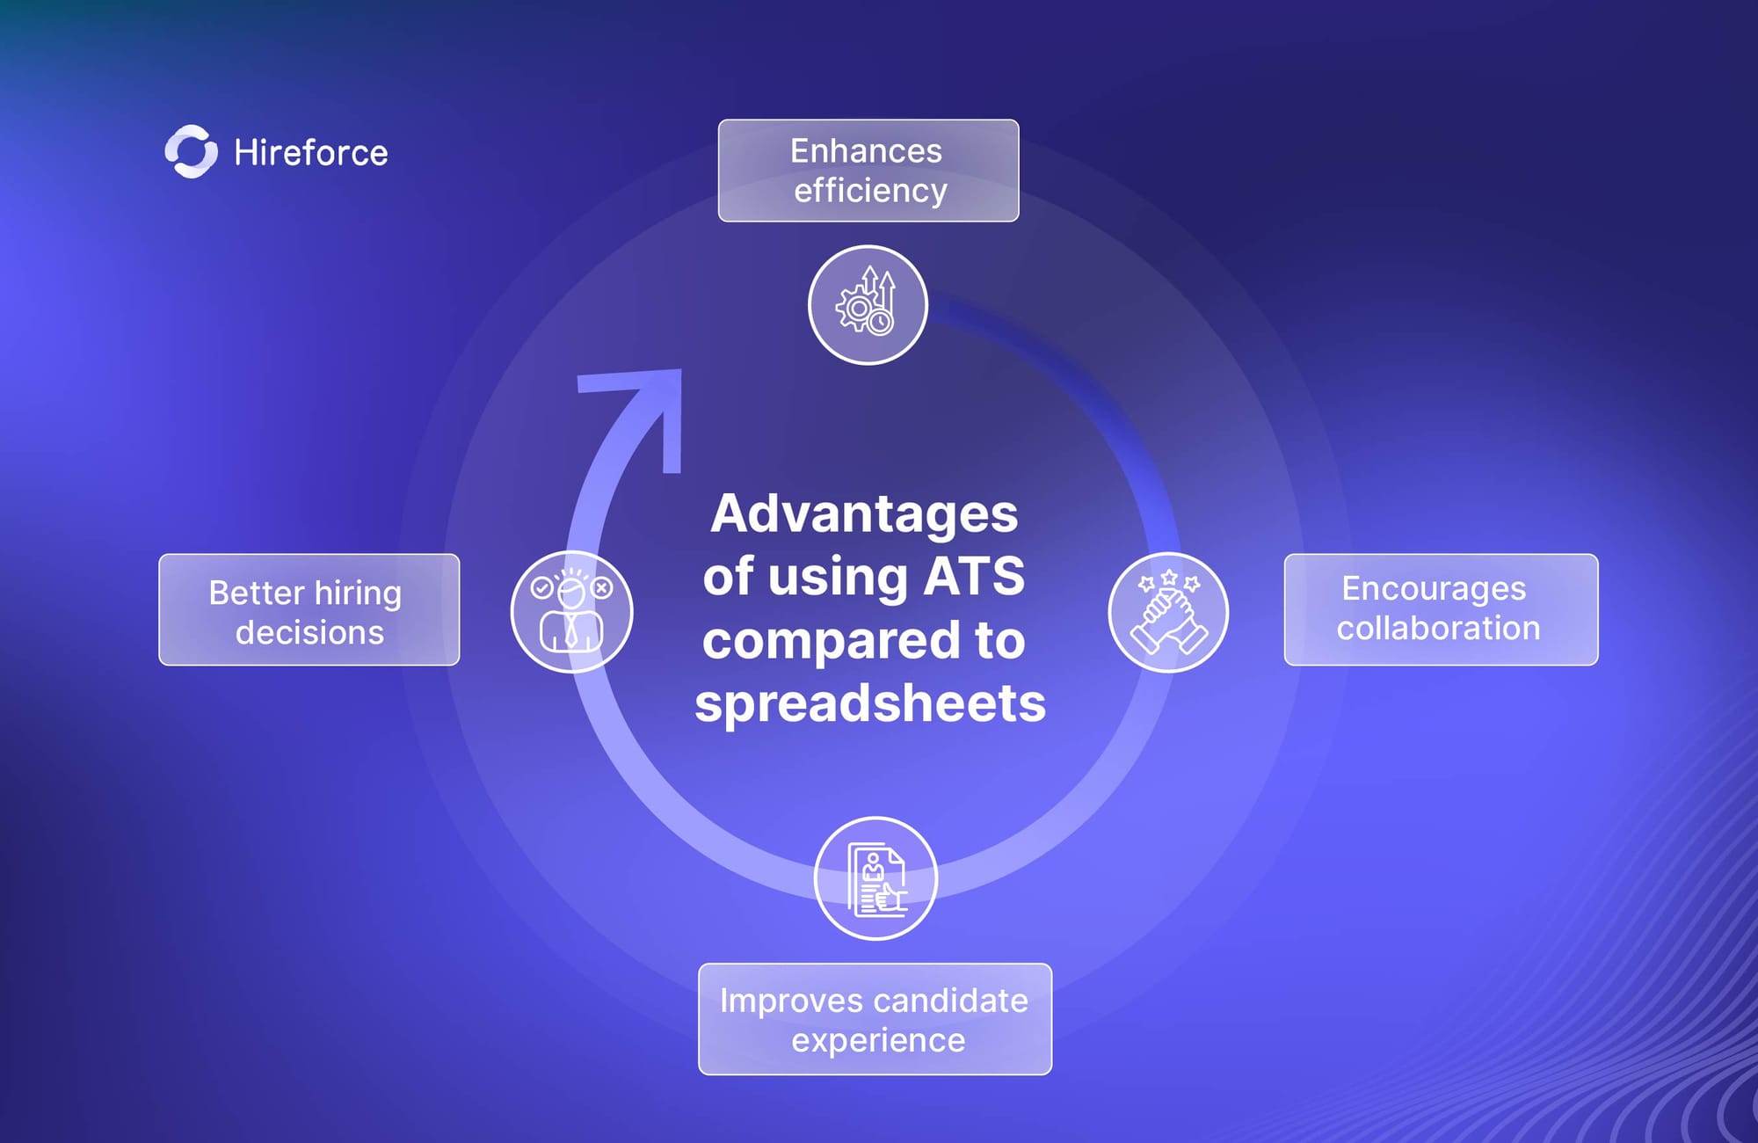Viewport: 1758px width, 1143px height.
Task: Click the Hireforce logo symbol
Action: click(192, 151)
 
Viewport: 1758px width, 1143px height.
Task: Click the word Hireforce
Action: click(311, 153)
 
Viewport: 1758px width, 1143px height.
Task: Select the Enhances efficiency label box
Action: click(868, 171)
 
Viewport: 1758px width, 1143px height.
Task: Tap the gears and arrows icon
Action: click(868, 304)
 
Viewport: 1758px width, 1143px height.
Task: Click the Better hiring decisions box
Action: click(309, 609)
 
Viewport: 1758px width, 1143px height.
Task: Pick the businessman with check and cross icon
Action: click(571, 612)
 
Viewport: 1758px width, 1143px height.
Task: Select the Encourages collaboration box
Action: click(1442, 609)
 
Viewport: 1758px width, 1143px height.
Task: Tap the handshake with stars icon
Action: click(1168, 612)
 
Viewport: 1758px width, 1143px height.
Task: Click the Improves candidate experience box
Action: click(875, 1019)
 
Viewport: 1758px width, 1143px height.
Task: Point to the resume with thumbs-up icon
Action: click(875, 878)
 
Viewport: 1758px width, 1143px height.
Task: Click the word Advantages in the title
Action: click(864, 514)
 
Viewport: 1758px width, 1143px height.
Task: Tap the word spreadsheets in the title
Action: click(870, 705)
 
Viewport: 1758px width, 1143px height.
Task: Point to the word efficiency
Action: click(870, 191)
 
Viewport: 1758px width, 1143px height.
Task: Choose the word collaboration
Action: click(1439, 628)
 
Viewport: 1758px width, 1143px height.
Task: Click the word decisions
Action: click(309, 632)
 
